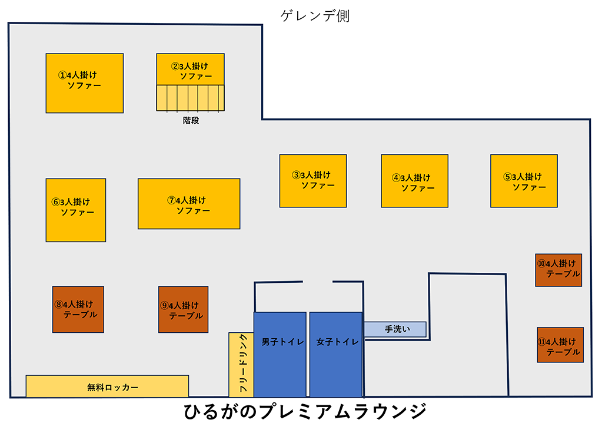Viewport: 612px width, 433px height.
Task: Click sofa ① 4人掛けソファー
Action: [85, 83]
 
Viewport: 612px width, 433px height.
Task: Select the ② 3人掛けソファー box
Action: [191, 70]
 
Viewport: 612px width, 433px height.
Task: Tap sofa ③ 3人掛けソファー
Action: [312, 181]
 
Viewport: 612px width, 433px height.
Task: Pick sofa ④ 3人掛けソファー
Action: [414, 181]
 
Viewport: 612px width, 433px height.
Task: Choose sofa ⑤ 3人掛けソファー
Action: [524, 181]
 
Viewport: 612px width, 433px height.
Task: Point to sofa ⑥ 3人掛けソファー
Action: [76, 210]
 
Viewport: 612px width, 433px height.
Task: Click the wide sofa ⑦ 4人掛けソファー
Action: [189, 204]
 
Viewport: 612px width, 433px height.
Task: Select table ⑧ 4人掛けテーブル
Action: [78, 309]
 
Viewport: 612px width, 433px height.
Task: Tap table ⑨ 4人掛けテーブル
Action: [183, 309]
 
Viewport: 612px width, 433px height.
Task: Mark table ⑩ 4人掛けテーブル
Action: [558, 270]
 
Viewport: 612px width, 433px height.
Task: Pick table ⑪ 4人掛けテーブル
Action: [560, 345]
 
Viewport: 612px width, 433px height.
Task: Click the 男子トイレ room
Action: [280, 354]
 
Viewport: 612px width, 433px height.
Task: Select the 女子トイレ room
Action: [335, 354]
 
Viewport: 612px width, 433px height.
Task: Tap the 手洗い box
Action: [394, 329]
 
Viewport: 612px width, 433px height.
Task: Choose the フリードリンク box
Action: [241, 365]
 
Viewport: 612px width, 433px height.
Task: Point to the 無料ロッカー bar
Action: [107, 386]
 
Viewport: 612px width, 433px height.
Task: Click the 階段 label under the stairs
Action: [191, 120]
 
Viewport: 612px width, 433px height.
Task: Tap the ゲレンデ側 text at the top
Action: [315, 16]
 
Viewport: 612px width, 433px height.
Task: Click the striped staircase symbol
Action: [191, 98]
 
